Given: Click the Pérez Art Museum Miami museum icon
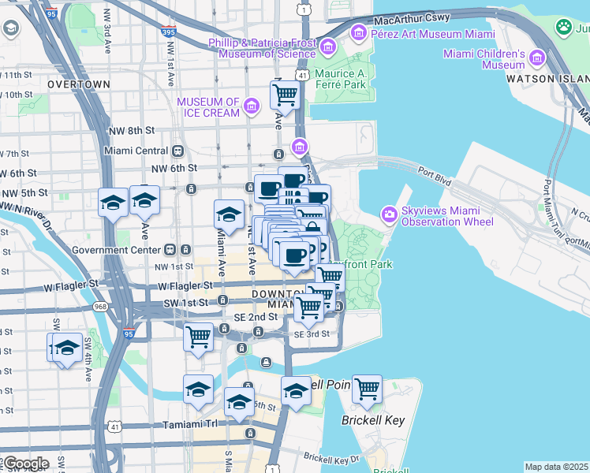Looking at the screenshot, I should pyautogui.click(x=359, y=32).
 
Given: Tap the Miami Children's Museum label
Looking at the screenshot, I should pyautogui.click(x=484, y=59).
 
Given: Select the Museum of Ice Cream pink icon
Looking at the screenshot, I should pyautogui.click(x=252, y=106).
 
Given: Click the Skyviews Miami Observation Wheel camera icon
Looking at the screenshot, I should pyautogui.click(x=390, y=214).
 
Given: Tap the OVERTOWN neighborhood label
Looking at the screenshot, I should pyautogui.click(x=79, y=84).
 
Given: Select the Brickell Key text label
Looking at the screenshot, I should pyautogui.click(x=373, y=420).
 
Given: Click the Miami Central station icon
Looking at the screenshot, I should pyautogui.click(x=178, y=151).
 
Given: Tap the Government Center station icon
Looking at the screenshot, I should pyautogui.click(x=185, y=250).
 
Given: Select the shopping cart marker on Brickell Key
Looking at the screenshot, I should pyautogui.click(x=368, y=389).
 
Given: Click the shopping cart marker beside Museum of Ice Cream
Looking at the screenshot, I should pyautogui.click(x=285, y=95).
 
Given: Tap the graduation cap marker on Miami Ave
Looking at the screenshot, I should pyautogui.click(x=229, y=213).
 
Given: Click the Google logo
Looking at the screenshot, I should pyautogui.click(x=25, y=464).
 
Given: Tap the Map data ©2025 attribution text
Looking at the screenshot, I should pyautogui.click(x=556, y=467).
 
